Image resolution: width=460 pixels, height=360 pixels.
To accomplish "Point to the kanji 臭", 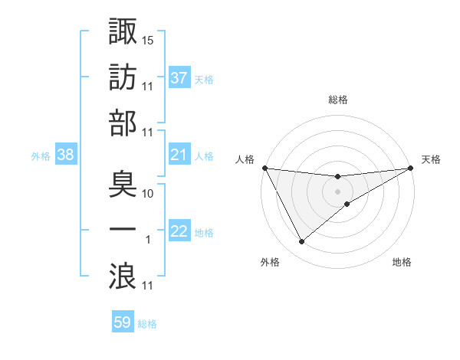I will tap(123, 184).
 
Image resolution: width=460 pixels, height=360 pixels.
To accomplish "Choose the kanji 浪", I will tap(123, 276).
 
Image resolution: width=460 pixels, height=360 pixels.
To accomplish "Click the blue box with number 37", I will tap(179, 78).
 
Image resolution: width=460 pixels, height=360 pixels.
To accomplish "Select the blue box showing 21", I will tap(179, 155).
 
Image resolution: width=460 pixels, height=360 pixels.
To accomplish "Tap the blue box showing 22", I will tap(179, 232).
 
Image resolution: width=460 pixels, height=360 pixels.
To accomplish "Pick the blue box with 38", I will tap(66, 155).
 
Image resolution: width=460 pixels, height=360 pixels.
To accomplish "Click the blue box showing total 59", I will tap(123, 322).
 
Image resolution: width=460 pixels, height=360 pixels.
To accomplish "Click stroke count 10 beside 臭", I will tap(149, 193).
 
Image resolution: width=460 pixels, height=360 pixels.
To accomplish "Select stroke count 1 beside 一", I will tap(147, 240).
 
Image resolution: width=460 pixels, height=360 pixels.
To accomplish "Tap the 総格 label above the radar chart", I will tap(338, 100).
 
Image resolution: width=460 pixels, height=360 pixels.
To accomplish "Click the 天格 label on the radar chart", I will tap(432, 159).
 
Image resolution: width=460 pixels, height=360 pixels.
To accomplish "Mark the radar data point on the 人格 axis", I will tap(264, 168).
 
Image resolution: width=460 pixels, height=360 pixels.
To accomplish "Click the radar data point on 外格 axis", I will tap(301, 242).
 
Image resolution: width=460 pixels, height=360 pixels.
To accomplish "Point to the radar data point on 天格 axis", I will tap(411, 168).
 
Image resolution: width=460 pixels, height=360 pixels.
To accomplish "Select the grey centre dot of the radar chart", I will tap(338, 191).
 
